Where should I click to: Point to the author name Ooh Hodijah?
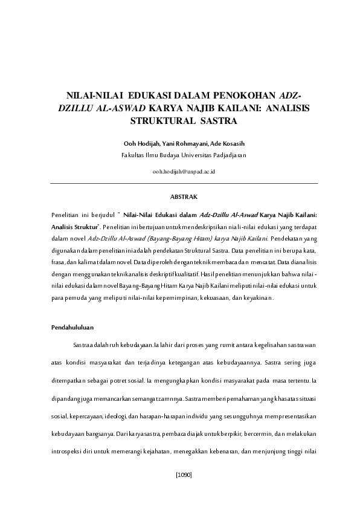coord(140,143)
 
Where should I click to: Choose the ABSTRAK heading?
coord(184,196)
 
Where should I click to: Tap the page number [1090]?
coord(184,475)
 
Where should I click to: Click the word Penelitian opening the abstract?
coord(67,215)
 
